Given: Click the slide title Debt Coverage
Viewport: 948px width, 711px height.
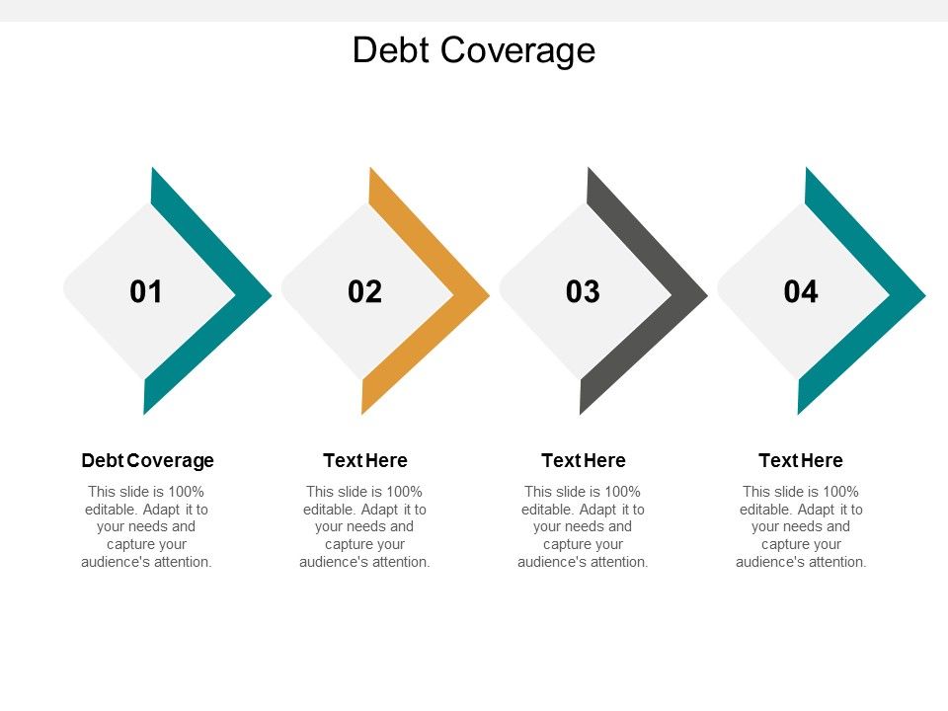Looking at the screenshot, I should pyautogui.click(x=474, y=49).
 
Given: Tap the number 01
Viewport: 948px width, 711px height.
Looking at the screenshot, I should pyautogui.click(x=146, y=292).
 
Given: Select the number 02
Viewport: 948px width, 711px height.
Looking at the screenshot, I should pyautogui.click(x=364, y=292).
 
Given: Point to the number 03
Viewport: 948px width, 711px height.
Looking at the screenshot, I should pyautogui.click(x=583, y=292).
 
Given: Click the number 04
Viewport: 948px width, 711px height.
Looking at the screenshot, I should pyautogui.click(x=801, y=292).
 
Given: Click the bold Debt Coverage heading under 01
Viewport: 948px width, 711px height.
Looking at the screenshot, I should pyautogui.click(x=147, y=460).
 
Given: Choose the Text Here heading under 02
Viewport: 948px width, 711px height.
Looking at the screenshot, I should pyautogui.click(x=364, y=460).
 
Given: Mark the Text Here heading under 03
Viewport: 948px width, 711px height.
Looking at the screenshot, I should pyautogui.click(x=583, y=460).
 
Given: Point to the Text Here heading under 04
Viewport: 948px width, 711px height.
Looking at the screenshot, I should pyautogui.click(x=801, y=460).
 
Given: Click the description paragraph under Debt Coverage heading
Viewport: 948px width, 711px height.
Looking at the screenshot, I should pyautogui.click(x=147, y=526).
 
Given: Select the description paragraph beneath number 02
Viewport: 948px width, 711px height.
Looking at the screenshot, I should pyautogui.click(x=364, y=526).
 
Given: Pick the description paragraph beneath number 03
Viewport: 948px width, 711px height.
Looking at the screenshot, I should pyautogui.click(x=583, y=526).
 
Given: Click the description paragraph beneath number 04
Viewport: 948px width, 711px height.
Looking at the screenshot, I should pyautogui.click(x=801, y=526).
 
